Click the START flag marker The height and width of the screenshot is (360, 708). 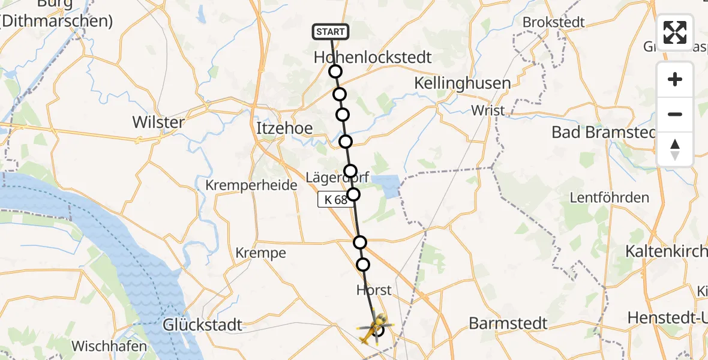tap(330, 32)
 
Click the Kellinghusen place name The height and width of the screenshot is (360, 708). tap(463, 83)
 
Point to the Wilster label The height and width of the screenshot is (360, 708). tap(158, 122)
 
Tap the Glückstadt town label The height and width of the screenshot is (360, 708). tap(203, 325)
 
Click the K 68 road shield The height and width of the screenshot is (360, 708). tap(334, 200)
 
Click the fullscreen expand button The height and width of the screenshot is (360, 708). tap(675, 32)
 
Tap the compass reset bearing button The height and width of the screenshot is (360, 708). tap(675, 149)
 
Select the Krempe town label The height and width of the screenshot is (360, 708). tap(260, 253)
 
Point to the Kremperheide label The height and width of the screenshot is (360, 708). tap(251, 185)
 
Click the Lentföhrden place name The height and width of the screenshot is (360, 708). tap(609, 197)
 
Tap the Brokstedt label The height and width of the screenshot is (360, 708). tap(553, 22)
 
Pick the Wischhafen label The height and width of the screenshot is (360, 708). tap(109, 346)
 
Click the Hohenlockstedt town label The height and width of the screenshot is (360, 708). tap(373, 58)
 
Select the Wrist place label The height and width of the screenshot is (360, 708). tap(488, 110)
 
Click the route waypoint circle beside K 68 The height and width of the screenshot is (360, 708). tap(353, 194)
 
